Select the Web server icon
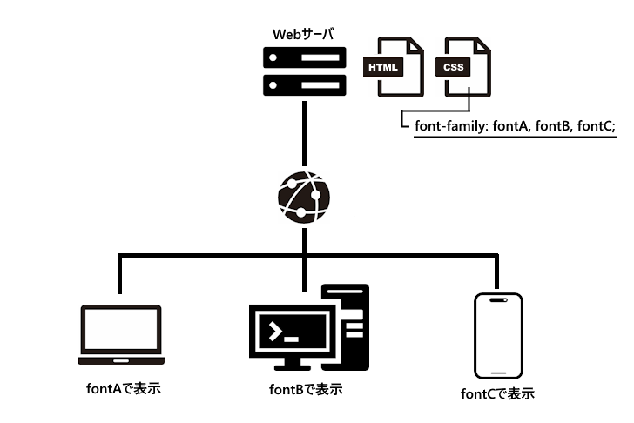(303, 73)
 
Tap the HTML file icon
(394, 67)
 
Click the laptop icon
(120, 334)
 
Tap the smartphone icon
(497, 334)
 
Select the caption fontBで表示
(300, 388)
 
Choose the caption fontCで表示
(497, 393)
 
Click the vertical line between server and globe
(303, 135)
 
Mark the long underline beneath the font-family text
(514, 138)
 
